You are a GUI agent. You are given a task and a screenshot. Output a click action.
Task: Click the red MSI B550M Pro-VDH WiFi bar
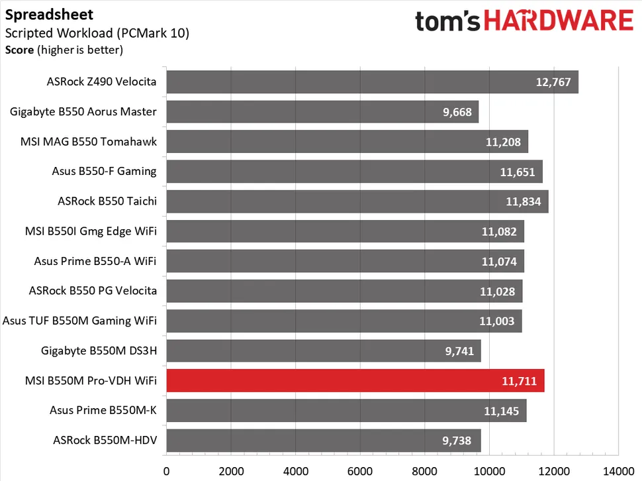coord(355,381)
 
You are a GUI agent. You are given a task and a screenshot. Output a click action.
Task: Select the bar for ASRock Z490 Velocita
coord(372,82)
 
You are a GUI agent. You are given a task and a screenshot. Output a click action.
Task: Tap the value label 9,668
coord(457,112)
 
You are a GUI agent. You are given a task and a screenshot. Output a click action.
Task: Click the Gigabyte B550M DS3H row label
coord(99,350)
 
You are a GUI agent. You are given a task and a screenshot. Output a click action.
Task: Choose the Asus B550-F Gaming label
coord(104,171)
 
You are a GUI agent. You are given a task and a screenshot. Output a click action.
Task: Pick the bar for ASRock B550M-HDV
coord(323,441)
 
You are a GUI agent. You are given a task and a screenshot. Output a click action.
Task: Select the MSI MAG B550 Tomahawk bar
coord(347,142)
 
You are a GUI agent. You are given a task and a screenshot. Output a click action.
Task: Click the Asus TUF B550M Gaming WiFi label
coord(79,321)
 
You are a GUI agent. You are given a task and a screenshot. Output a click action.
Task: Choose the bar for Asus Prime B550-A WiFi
coord(345,261)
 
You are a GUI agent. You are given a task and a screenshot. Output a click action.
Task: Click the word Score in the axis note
coord(19,50)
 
